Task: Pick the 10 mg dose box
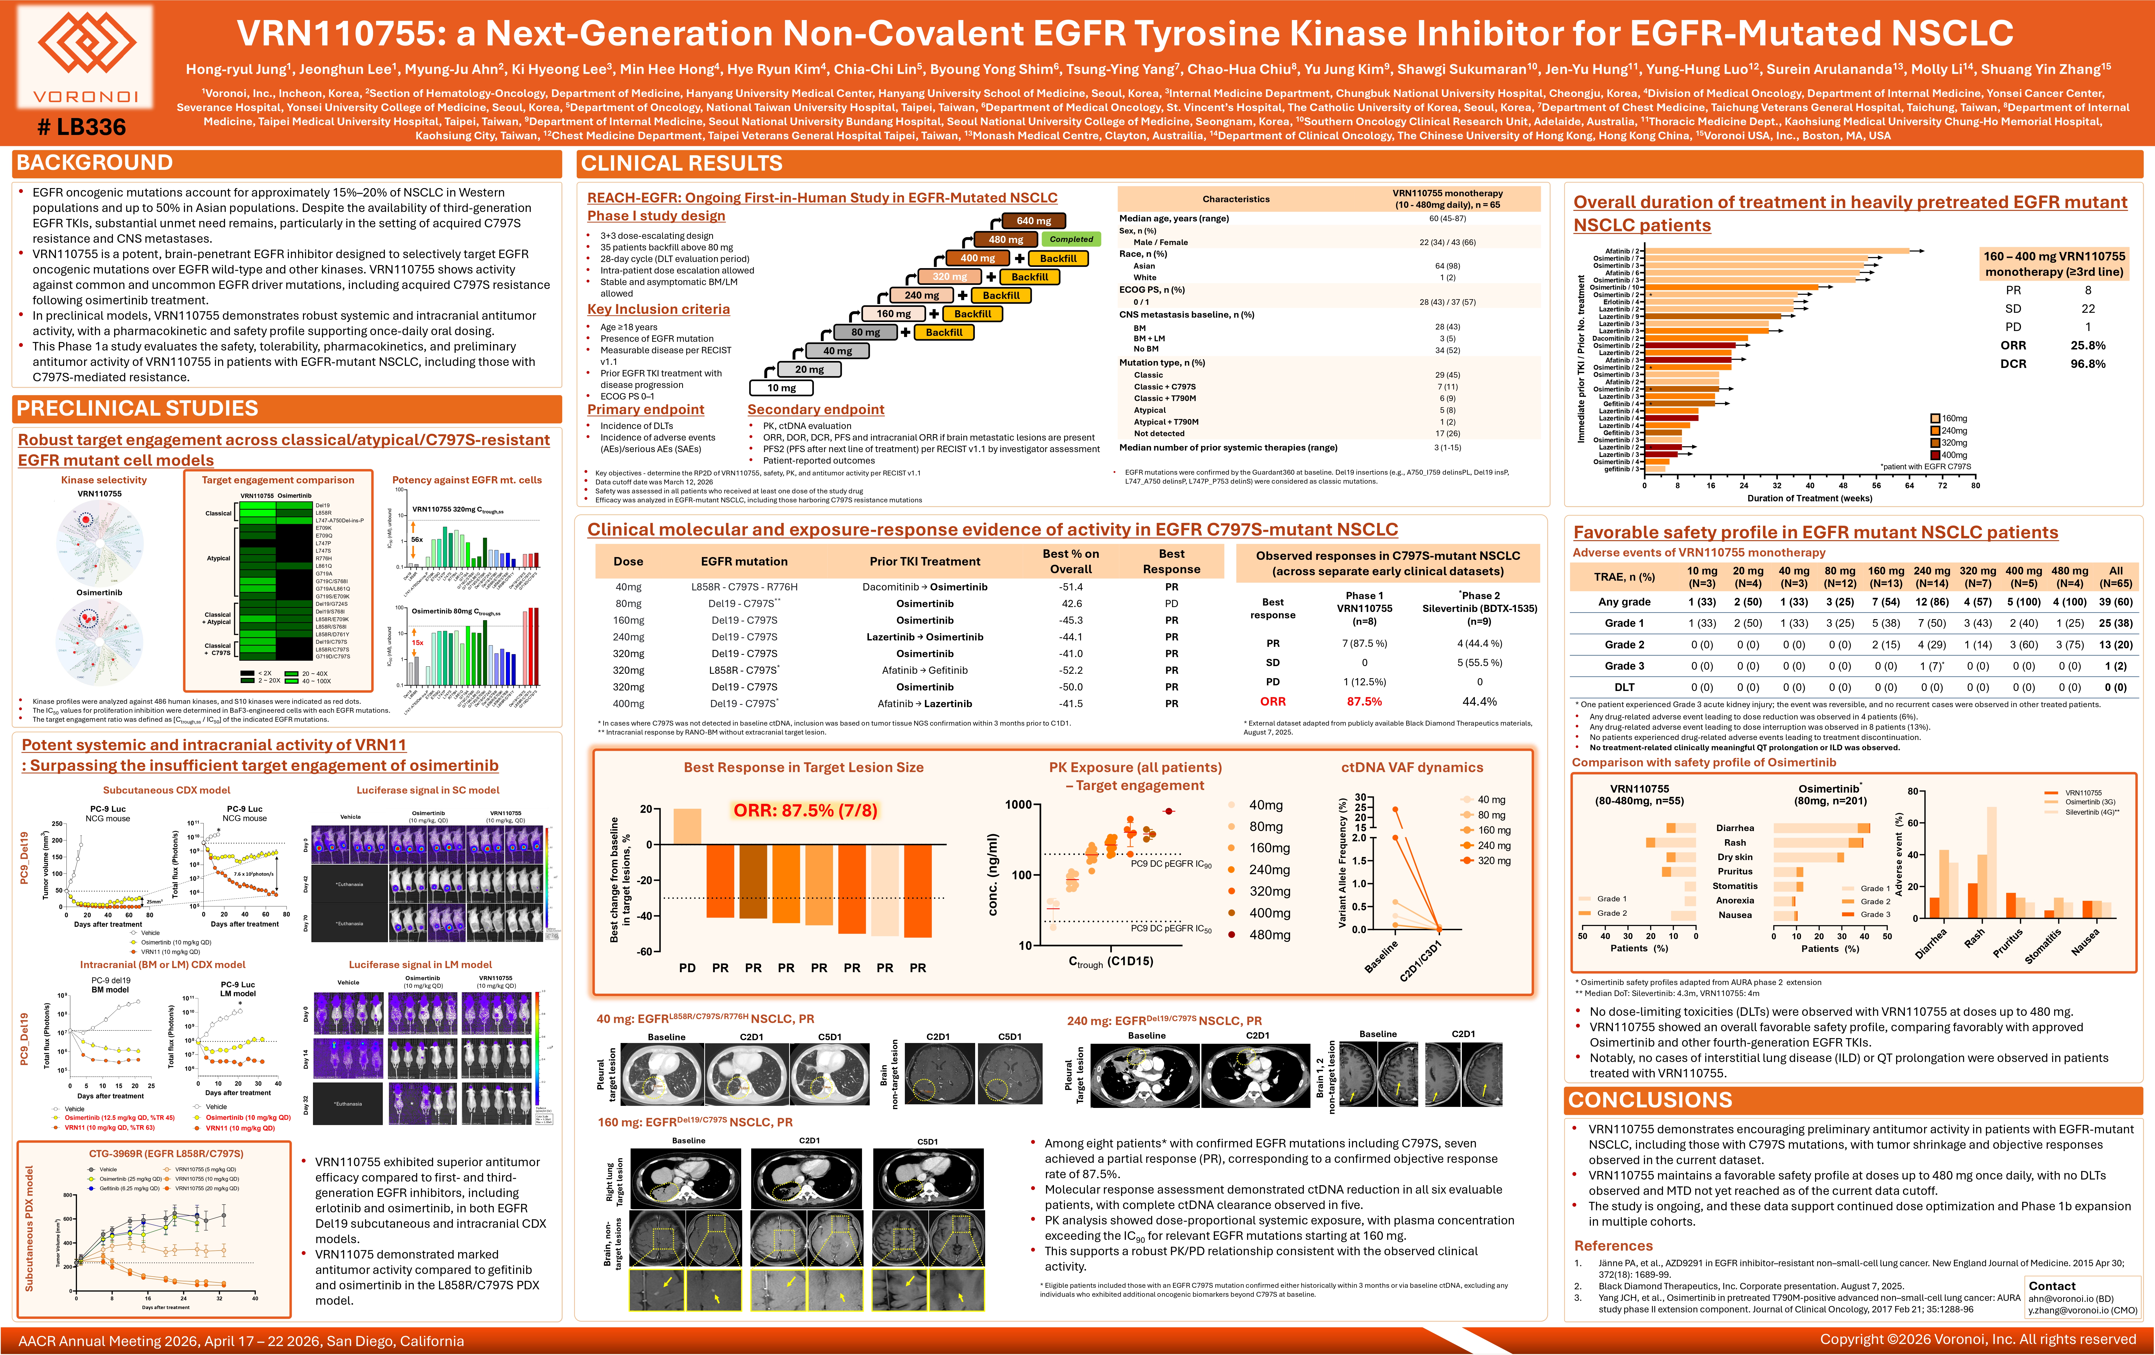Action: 781,387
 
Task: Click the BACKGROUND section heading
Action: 95,163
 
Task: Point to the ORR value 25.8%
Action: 2087,345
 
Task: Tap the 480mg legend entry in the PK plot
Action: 1269,934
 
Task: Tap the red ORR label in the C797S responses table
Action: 1272,702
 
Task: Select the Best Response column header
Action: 1171,561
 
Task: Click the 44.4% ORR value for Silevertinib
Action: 1479,702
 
